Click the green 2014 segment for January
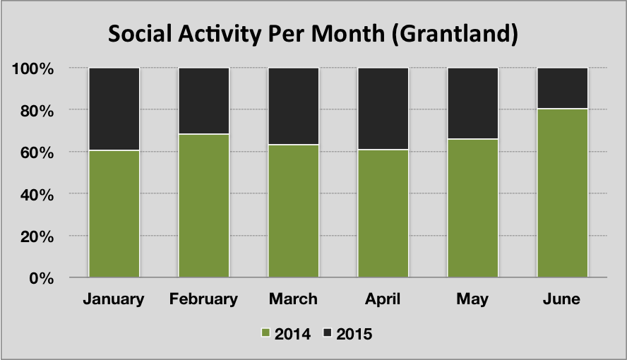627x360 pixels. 114,214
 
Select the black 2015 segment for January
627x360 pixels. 114,109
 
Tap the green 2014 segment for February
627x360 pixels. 203,206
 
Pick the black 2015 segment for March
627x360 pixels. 293,107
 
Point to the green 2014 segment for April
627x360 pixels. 383,213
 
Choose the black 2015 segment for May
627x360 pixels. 472,104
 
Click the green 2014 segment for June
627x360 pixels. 562,193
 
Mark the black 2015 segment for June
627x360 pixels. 562,88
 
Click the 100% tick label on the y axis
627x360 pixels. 32,68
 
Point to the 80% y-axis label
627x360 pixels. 37,111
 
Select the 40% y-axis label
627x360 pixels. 37,195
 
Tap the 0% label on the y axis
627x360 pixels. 41,279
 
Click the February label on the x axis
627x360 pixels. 203,299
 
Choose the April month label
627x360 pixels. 383,299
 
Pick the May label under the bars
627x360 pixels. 472,299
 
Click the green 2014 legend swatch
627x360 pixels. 265,333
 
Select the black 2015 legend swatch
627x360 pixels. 328,333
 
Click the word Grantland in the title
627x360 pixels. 455,34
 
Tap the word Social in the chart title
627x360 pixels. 140,34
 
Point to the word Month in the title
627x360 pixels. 348,34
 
